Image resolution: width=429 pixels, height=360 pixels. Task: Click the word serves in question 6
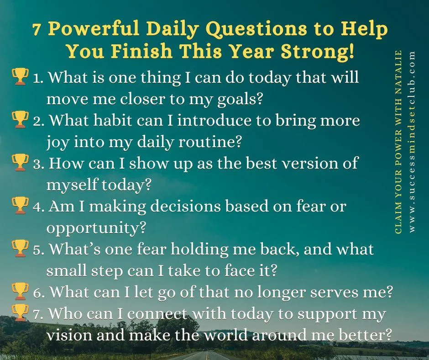(344, 291)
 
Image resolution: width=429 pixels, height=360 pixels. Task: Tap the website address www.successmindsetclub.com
(413, 142)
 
